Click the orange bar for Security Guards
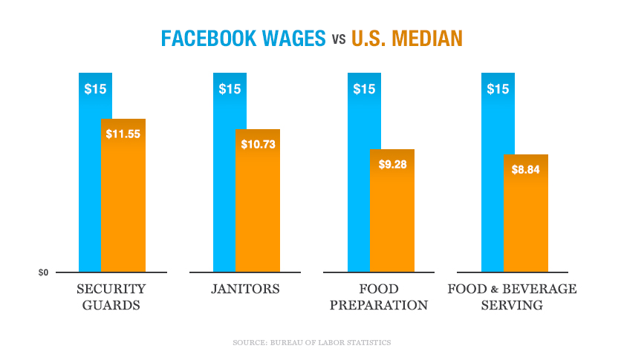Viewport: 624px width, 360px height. (x=123, y=200)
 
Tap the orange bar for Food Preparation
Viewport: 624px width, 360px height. (x=392, y=215)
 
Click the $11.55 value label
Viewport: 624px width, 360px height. (x=123, y=134)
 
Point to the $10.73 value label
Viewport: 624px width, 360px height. (x=258, y=144)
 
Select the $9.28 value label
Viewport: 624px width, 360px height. (x=392, y=164)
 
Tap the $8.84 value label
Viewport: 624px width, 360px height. (x=526, y=169)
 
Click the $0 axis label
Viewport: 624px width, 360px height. (x=44, y=273)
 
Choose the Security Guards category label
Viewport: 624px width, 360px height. (x=111, y=297)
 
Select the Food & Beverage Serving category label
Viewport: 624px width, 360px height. (x=512, y=297)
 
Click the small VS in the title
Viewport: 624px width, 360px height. (x=338, y=39)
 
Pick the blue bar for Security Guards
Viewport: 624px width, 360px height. (x=90, y=186)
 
